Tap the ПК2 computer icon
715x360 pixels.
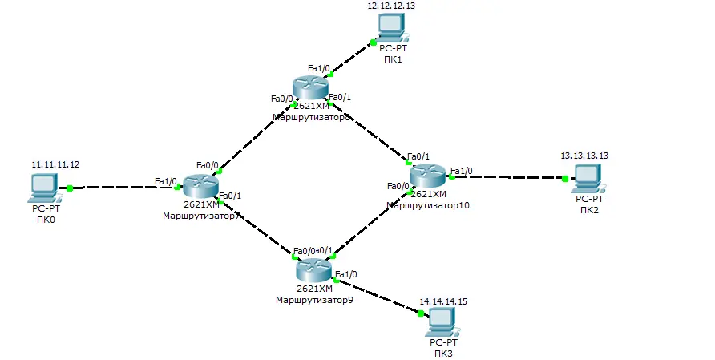[x=588, y=177]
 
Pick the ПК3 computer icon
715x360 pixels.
[x=441, y=322]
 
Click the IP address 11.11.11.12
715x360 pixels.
[x=55, y=164]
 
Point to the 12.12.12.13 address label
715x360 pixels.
[x=391, y=5]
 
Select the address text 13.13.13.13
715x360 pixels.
[x=584, y=156]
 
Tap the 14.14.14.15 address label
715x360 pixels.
[x=443, y=302]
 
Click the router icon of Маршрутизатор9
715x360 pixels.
[x=313, y=269]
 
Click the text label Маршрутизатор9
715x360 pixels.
[x=314, y=300]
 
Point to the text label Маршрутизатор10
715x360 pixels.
[x=428, y=205]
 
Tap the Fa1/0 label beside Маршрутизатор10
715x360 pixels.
[x=462, y=170]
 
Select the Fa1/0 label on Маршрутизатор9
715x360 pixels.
[x=345, y=274]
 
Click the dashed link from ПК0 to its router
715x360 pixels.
[x=120, y=188]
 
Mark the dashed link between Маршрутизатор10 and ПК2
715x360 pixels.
[x=509, y=176]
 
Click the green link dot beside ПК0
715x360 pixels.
[x=71, y=188]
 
